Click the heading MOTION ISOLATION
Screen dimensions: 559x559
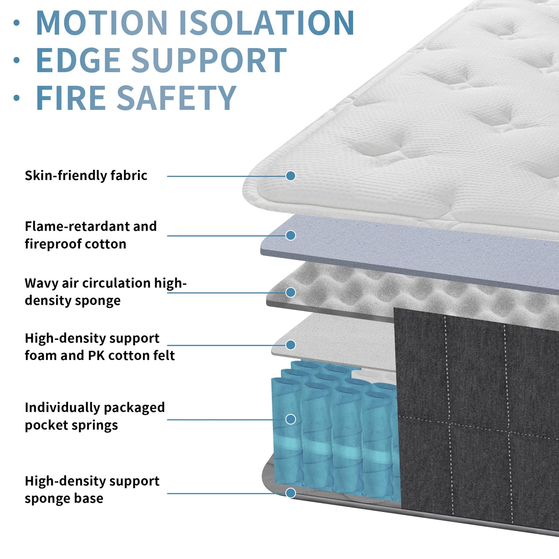click(195, 23)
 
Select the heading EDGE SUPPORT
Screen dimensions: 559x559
click(161, 60)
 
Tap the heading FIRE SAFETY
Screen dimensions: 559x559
click(136, 98)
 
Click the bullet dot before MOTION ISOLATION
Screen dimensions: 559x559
click(16, 23)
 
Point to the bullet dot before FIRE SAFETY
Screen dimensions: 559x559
click(16, 98)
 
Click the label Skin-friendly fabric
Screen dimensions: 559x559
click(86, 176)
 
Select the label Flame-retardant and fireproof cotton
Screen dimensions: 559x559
click(91, 235)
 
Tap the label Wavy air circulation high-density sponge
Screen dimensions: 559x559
click(105, 292)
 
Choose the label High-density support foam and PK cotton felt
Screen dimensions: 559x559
click(100, 347)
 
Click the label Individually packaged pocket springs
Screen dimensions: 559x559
click(95, 416)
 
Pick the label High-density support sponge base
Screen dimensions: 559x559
click(92, 490)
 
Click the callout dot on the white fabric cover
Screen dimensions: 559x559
click(291, 176)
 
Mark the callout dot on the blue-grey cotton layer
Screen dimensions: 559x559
click(291, 235)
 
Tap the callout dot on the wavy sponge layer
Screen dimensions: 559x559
click(291, 292)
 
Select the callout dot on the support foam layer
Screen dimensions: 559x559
click(291, 345)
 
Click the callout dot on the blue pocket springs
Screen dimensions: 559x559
click(291, 419)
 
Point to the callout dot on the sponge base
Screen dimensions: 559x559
click(291, 493)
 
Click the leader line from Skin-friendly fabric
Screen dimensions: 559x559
click(227, 176)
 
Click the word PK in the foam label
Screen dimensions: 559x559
click(96, 356)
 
